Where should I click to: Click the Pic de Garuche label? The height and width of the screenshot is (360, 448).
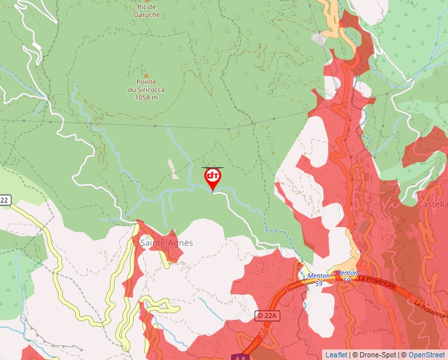point(146,11)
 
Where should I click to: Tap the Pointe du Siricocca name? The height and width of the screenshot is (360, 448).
point(146,86)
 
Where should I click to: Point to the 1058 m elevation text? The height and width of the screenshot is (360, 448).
point(146,97)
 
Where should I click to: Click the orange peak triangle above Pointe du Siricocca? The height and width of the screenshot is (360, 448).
point(146,74)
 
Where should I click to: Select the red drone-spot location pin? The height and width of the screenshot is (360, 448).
point(213,179)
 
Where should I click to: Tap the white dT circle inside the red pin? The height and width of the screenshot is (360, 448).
point(213,176)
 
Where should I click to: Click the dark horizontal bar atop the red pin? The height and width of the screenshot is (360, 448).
point(213,167)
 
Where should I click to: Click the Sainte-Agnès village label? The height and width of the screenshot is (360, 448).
point(167,242)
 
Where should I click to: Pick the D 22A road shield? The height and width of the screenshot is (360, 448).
point(267,317)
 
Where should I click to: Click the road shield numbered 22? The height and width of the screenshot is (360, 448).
point(5,199)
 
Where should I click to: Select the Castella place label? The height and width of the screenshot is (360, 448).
point(433,204)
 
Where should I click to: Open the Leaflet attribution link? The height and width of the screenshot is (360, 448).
point(336,355)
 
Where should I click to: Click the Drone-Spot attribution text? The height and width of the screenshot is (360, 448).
point(374,355)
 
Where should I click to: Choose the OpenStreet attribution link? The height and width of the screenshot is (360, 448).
point(427,355)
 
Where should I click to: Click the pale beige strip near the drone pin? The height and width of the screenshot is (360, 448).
point(173,168)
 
